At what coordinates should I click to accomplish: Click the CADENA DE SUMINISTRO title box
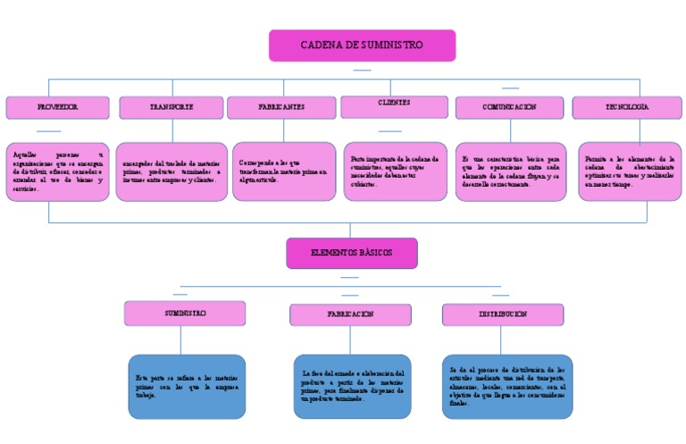[362, 46]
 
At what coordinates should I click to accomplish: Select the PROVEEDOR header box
[57, 107]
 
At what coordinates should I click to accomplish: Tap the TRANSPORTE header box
[171, 107]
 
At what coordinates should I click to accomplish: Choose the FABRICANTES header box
[280, 107]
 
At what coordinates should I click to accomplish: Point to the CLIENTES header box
[394, 106]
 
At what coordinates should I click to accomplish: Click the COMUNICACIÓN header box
[509, 107]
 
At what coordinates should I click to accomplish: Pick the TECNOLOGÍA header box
[626, 107]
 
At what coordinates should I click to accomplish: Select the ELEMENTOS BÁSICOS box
[351, 253]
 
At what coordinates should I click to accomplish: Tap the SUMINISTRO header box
[185, 314]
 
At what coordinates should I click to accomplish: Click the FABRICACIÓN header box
[349, 314]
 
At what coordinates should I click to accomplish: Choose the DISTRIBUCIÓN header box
[501, 314]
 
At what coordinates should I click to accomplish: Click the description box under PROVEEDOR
[58, 172]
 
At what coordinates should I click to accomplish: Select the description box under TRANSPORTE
[172, 172]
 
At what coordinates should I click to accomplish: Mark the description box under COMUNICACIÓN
[510, 172]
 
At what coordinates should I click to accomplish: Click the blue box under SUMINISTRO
[187, 386]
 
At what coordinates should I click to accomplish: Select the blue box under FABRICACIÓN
[352, 386]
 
